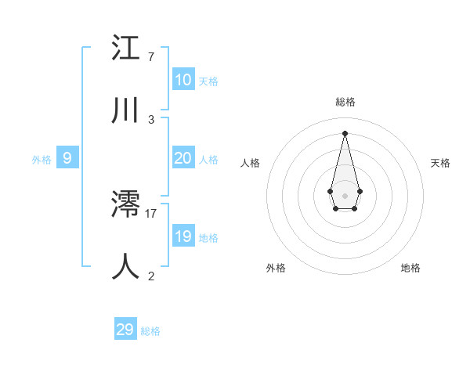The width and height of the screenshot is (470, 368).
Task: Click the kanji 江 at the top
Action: pos(126,49)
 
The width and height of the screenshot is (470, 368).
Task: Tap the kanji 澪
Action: pos(126,205)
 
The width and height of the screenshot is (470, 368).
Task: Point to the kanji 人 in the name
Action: pos(126,266)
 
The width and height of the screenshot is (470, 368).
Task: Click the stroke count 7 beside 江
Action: pos(151,57)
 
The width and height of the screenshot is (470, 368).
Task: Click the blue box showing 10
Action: pos(183,80)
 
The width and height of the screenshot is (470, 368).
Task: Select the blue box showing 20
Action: pos(183,158)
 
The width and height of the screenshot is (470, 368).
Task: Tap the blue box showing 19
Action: pos(183,236)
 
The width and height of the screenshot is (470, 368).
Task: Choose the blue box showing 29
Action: pos(125,330)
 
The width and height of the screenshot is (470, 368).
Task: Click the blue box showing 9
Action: pos(67,158)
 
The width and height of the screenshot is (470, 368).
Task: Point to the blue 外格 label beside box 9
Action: pos(42,160)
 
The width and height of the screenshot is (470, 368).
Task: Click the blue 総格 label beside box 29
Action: pos(150,331)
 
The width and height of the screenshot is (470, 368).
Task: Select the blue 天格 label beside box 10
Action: pos(208,81)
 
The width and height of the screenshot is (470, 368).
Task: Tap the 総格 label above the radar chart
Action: pos(345,102)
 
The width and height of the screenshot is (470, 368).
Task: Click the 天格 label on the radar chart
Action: pos(440,163)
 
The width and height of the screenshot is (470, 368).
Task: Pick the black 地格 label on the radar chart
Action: pos(410,268)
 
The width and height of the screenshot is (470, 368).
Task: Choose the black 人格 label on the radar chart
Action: pos(250,163)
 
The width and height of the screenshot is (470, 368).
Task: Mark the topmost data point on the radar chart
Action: pos(345,132)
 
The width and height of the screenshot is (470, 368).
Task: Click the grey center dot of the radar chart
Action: pos(345,196)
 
